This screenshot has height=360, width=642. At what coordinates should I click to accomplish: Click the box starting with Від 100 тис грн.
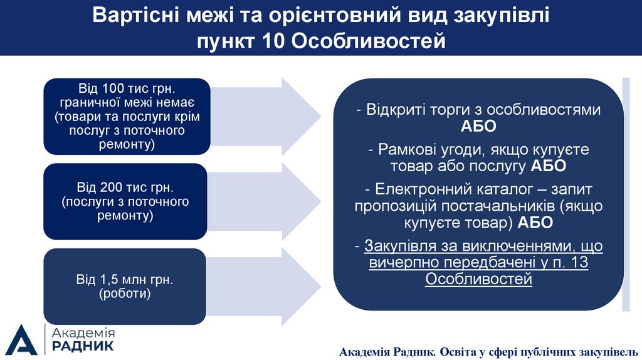pyautogui.click(x=125, y=116)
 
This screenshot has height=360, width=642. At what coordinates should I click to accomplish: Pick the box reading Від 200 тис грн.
pyautogui.click(x=125, y=201)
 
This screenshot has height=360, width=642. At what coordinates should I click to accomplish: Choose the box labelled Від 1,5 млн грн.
pyautogui.click(x=125, y=286)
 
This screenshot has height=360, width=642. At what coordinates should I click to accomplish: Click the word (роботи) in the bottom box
pyautogui.click(x=125, y=294)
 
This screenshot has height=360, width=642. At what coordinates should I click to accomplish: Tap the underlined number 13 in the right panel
pyautogui.click(x=581, y=262)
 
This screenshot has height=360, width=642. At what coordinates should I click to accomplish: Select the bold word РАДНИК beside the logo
pyautogui.click(x=83, y=346)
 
